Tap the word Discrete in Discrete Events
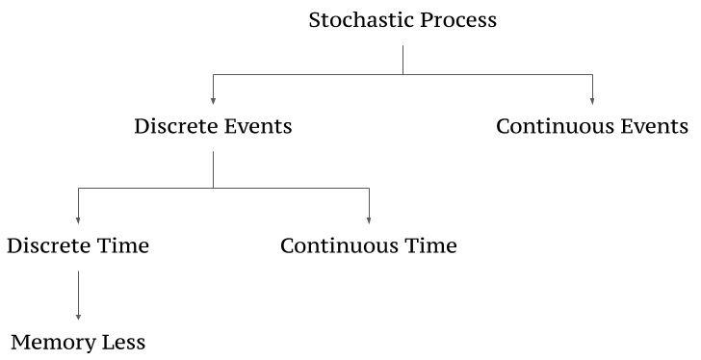(x=175, y=126)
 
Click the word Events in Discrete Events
(x=258, y=126)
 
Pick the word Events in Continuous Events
(x=654, y=126)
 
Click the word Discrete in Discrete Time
(x=48, y=245)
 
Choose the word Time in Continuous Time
(x=430, y=245)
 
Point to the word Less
(x=123, y=343)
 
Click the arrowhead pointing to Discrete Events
(x=213, y=101)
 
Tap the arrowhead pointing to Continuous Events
(x=592, y=101)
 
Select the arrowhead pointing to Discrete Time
(x=78, y=220)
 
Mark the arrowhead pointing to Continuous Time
(x=369, y=220)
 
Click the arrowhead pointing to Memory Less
(x=78, y=317)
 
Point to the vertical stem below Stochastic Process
(x=402, y=60)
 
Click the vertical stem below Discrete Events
(x=213, y=169)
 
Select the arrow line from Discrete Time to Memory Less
(x=78, y=296)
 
